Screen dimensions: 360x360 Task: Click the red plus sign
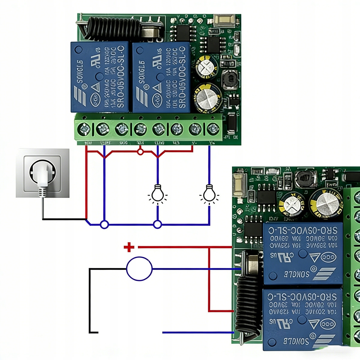129,247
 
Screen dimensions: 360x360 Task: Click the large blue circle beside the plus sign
139,269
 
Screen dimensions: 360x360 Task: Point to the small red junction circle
140,152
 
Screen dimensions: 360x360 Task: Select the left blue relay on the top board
100,77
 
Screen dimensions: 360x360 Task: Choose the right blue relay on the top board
161,77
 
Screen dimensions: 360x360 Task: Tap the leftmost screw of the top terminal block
84,130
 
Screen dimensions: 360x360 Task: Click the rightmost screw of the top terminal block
213,129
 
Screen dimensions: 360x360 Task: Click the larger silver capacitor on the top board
207,98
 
